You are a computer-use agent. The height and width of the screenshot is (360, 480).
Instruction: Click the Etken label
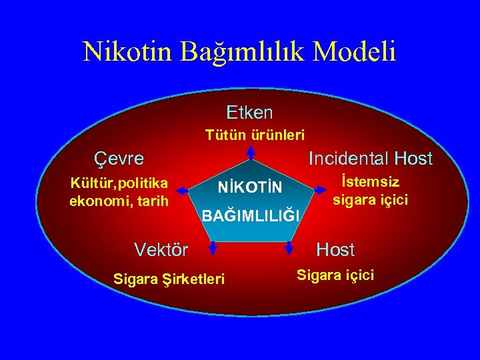click(x=249, y=111)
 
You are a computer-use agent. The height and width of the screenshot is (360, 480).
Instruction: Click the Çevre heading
click(x=117, y=159)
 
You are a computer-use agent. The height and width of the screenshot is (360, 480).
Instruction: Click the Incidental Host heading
click(x=370, y=159)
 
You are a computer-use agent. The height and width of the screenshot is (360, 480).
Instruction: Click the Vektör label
click(x=161, y=250)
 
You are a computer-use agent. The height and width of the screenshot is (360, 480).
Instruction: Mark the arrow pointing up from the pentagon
click(x=250, y=152)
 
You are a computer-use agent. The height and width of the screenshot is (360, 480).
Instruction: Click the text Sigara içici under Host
click(x=335, y=274)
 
